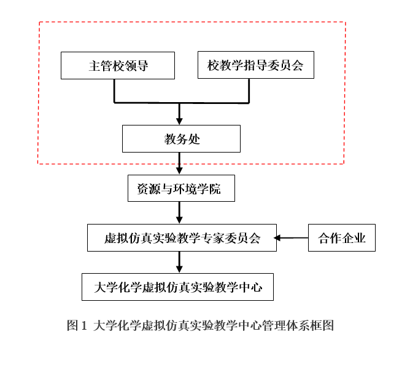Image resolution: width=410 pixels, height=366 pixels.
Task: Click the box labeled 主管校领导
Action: pyautogui.click(x=118, y=65)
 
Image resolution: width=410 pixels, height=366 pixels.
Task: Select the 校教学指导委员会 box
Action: pyautogui.click(x=256, y=65)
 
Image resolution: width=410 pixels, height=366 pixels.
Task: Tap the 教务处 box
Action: pyautogui.click(x=181, y=138)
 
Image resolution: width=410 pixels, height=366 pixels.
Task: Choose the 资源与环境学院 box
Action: pyautogui.click(x=181, y=188)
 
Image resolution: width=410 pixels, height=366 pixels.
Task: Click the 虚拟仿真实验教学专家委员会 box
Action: pyautogui.click(x=182, y=237)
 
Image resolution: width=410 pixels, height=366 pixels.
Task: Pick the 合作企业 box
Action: pyautogui.click(x=342, y=237)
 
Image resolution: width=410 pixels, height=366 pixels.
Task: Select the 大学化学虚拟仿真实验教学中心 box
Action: pyautogui.click(x=177, y=287)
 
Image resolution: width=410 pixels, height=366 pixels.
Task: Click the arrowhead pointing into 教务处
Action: pyautogui.click(x=179, y=122)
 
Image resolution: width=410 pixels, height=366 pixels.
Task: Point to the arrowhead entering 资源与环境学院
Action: pyautogui.click(x=179, y=171)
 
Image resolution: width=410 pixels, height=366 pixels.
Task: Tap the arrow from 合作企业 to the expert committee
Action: pyautogui.click(x=291, y=238)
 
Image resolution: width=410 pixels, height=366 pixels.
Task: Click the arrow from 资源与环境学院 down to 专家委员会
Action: pyautogui.click(x=179, y=213)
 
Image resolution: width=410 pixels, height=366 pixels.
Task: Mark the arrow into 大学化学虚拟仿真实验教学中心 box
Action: pyautogui.click(x=179, y=262)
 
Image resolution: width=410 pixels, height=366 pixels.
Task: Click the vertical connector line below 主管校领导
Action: pyautogui.click(x=114, y=91)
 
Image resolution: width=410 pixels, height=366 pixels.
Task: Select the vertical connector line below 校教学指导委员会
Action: pyautogui.click(x=249, y=91)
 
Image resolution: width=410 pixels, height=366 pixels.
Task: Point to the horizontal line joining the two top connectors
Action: pyautogui.click(x=182, y=103)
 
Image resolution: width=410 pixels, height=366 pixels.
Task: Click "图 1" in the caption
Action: pyautogui.click(x=77, y=325)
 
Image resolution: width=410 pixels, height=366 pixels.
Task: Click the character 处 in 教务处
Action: pyautogui.click(x=195, y=139)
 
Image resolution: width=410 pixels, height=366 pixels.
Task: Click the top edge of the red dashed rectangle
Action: pyautogui.click(x=193, y=22)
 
